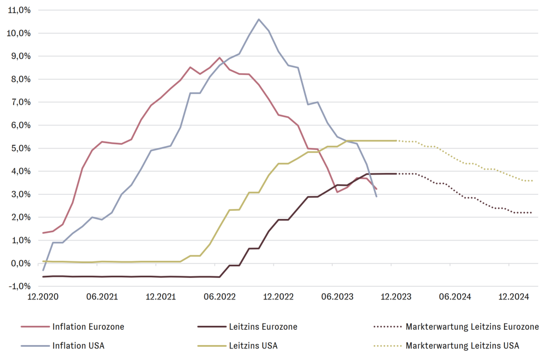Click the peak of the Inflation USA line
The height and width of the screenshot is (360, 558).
pos(259,19)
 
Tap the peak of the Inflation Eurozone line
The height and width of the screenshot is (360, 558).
pos(220,57)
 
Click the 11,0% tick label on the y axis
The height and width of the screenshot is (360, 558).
pos(20,10)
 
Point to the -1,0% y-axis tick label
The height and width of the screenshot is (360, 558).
pos(20,286)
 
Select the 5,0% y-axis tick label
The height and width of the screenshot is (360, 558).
pos(21,148)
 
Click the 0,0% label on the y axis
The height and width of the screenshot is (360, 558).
pos(21,263)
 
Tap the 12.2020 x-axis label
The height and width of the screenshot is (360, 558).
pos(43,297)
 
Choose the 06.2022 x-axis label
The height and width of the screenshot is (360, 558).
pos(220,297)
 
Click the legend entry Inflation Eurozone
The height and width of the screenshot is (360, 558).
pos(88,326)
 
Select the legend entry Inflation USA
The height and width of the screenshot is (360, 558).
pos(78,346)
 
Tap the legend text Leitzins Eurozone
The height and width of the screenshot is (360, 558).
pos(262,326)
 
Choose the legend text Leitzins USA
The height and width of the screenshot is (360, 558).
pos(253,346)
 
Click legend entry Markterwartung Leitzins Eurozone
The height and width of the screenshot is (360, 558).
pos(472,326)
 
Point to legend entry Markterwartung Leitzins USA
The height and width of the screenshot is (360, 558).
pos(462,346)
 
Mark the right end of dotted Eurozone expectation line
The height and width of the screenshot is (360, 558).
pos(532,212)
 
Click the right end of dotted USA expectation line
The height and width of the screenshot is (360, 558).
pos(532,181)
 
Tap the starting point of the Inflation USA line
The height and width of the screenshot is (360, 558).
pos(43,270)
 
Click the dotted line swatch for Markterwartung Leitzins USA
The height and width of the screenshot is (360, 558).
pos(386,346)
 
